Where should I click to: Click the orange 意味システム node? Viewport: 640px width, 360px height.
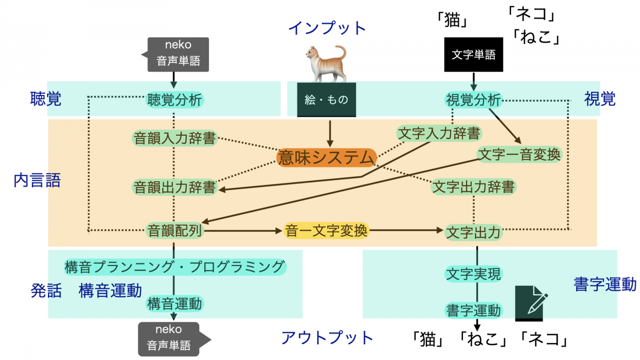coord(326,158)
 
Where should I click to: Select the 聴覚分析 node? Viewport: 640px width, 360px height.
coord(175,100)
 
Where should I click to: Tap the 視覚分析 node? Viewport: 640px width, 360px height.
coord(473,100)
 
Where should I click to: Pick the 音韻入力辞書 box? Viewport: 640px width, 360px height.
coord(174,138)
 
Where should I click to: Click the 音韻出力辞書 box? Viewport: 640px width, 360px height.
coord(175,188)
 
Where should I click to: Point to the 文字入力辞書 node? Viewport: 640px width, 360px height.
coord(439,133)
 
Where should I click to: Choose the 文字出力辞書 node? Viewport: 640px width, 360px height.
coord(474,187)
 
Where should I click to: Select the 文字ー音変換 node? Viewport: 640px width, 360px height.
coord(519,155)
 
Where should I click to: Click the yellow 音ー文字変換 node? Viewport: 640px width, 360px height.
coord(326,231)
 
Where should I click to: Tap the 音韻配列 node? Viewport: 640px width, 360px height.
coord(174,231)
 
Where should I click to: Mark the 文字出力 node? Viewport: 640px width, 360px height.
coord(473,233)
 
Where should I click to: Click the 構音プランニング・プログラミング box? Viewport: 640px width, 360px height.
coord(175,266)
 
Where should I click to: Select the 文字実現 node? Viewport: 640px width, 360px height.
coord(473,274)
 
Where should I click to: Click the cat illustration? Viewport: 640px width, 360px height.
coord(326,63)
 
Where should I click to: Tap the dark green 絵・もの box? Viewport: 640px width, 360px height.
coord(326,100)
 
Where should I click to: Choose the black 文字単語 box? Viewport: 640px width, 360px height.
coord(473,55)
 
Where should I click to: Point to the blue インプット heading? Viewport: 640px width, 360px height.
coord(327,28)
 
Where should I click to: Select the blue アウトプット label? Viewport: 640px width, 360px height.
coord(327,338)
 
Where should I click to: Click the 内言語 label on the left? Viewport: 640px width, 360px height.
coord(37,181)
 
